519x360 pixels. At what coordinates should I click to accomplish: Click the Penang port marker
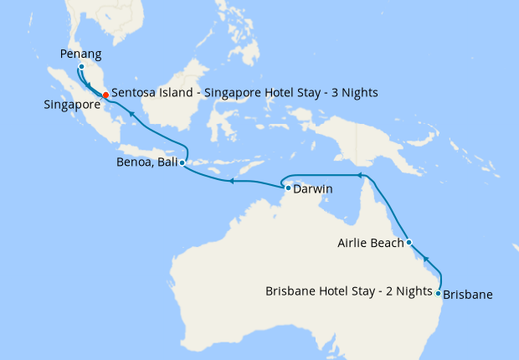81,66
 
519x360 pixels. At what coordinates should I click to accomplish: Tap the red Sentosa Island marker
105,95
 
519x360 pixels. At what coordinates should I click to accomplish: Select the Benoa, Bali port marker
182,163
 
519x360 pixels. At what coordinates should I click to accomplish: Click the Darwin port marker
288,188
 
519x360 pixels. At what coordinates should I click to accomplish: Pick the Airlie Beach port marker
409,242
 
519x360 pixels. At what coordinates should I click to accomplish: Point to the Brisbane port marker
439,293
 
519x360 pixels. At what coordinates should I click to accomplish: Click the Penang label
81,54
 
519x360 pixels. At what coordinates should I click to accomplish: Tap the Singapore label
73,105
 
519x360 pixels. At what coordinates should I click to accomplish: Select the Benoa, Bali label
147,163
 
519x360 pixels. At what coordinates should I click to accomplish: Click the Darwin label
313,189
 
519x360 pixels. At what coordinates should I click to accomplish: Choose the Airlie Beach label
370,244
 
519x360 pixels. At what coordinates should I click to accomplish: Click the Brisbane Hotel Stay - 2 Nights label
350,292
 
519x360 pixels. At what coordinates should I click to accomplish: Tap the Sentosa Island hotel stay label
244,92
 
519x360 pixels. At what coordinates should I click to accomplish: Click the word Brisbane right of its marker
467,294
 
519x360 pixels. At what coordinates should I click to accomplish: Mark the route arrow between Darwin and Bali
233,180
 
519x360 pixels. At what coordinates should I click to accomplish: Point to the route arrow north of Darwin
359,176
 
